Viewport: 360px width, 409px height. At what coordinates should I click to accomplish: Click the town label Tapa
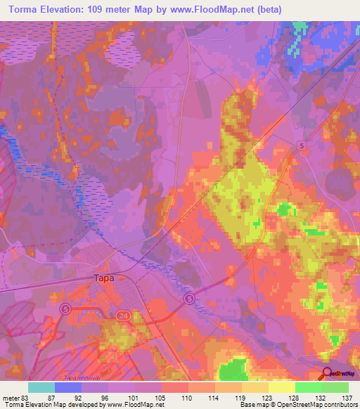[x=103, y=278]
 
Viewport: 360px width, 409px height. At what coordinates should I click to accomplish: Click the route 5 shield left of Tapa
[x=65, y=309]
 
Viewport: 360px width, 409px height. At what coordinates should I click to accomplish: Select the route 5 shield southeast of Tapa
[x=189, y=299]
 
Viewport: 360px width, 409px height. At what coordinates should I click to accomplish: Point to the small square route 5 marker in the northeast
[x=301, y=145]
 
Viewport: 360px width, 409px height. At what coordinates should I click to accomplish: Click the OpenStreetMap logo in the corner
[x=340, y=372]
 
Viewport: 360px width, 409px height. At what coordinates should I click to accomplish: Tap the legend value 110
[x=186, y=397]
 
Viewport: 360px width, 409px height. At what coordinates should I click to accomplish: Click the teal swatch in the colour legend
[x=41, y=387]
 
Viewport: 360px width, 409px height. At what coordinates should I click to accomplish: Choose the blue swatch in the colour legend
[x=67, y=387]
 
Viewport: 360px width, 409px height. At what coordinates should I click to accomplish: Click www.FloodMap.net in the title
[x=257, y=9]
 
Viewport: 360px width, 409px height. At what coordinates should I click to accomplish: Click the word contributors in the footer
[x=336, y=405]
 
